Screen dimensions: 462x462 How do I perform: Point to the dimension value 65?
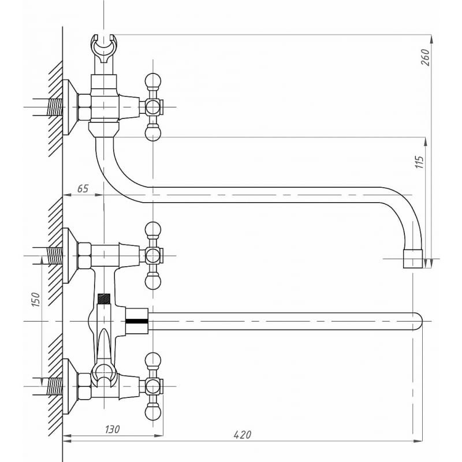click(83, 189)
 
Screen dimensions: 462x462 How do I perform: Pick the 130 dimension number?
click(113, 429)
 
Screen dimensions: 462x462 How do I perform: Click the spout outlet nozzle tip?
click(413, 259)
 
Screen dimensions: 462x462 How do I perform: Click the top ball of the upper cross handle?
click(152, 80)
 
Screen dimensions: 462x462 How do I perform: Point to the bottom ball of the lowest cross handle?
click(152, 412)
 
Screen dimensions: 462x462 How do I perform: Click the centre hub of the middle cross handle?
click(152, 255)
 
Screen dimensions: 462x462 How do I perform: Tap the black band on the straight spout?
click(137, 320)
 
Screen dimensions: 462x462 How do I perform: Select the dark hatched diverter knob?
click(103, 300)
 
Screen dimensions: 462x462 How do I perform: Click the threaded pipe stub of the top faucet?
click(54, 107)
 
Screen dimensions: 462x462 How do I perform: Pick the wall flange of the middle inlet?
click(70, 255)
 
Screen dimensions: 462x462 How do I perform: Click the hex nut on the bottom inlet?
click(84, 386)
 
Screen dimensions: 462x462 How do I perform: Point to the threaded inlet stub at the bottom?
click(54, 386)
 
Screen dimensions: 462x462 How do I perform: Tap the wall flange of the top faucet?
click(70, 107)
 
